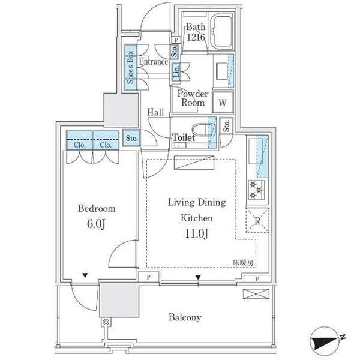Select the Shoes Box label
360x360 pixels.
tap(130, 67)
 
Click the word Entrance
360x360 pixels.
tap(154, 61)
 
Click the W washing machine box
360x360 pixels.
tap(222, 103)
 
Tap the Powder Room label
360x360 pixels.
tap(191, 98)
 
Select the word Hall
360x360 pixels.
tap(157, 112)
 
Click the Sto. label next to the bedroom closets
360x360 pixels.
tap(132, 139)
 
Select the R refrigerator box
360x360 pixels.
tap(256, 220)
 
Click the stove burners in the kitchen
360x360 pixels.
tap(256, 189)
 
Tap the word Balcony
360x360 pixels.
tap(184, 318)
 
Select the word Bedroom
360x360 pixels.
tap(97, 209)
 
